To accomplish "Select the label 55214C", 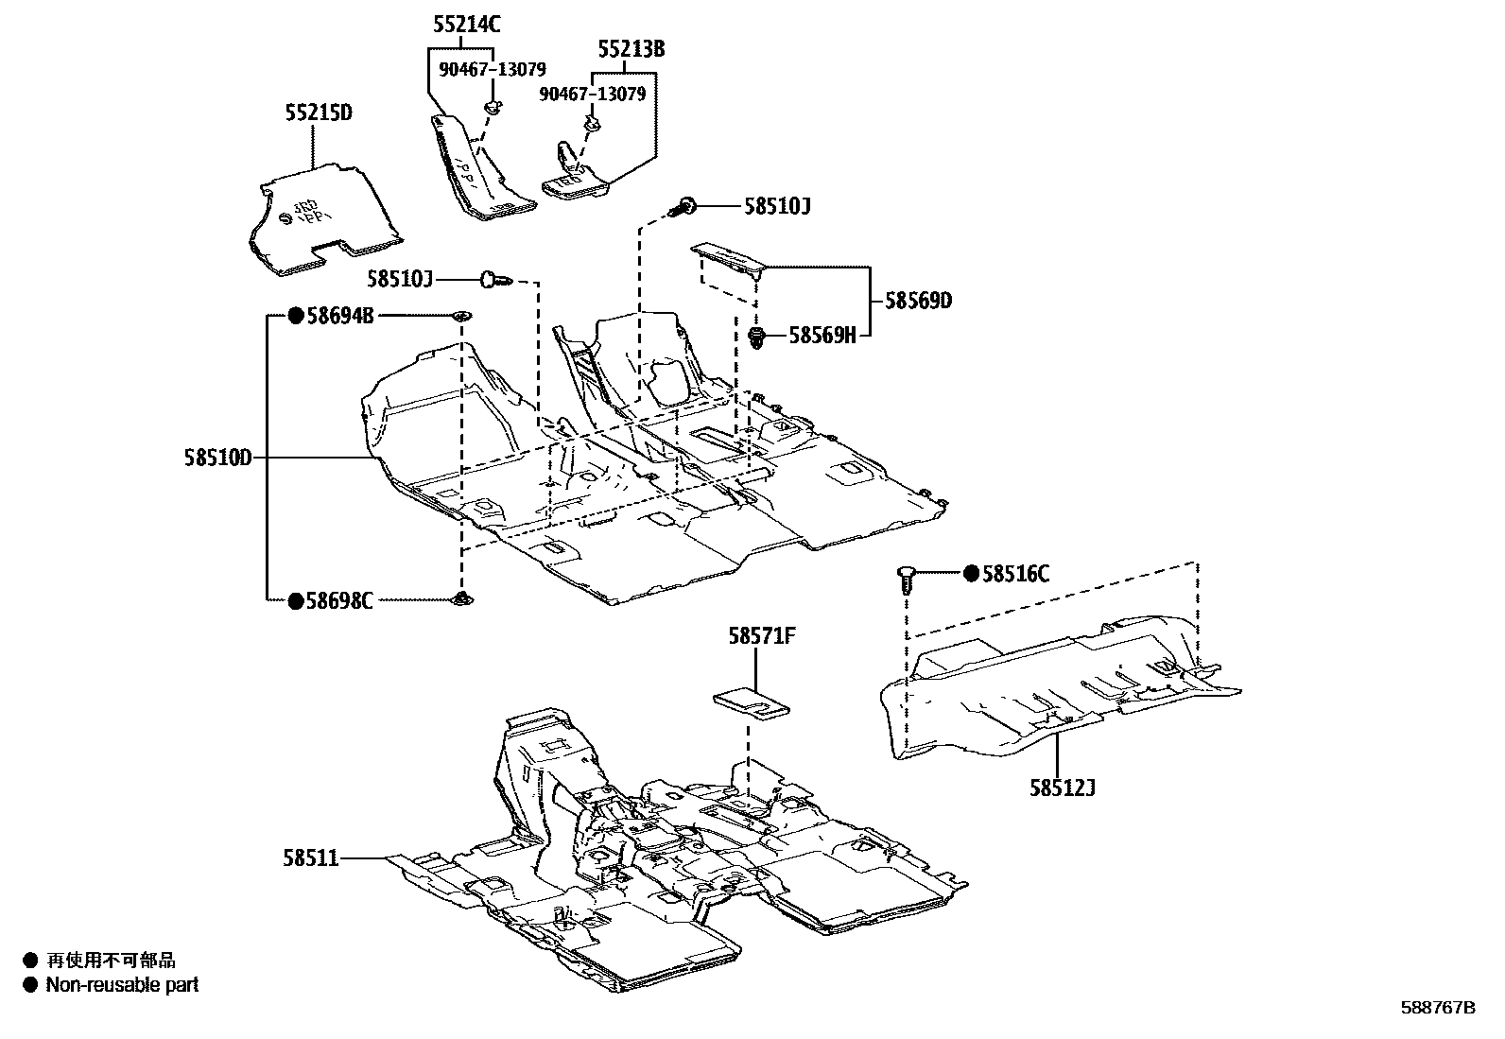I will (x=466, y=26).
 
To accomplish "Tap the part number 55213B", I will (x=631, y=49).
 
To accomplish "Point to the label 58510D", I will (x=218, y=459).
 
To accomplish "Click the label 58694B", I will (x=339, y=316).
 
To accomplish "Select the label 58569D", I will (x=918, y=302).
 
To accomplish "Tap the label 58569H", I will (x=822, y=336).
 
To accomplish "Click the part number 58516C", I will (x=1015, y=574).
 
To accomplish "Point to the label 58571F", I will (x=761, y=637).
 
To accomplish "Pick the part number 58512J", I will (x=1063, y=787).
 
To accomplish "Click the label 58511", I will (x=310, y=858).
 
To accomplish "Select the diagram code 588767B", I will (x=1437, y=1008).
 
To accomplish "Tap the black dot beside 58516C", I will (x=971, y=574).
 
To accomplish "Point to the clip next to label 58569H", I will (x=756, y=336).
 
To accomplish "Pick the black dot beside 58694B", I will (x=295, y=316).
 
